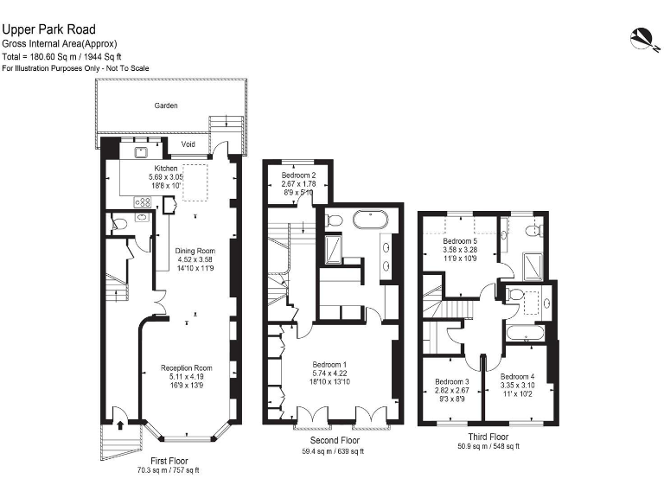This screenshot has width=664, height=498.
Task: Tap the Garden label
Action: click(166, 105)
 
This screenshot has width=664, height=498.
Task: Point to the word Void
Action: click(188, 144)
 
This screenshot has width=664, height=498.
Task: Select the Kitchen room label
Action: click(166, 168)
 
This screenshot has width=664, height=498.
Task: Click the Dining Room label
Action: click(194, 251)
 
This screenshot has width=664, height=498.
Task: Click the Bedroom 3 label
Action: click(451, 381)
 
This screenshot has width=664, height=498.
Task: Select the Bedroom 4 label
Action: click(517, 376)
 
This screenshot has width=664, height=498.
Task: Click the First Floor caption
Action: click(168, 461)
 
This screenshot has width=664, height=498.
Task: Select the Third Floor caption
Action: click(488, 437)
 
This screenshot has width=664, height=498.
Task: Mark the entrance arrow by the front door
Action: click(120, 425)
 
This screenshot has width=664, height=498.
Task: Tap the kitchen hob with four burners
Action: click(144, 201)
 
